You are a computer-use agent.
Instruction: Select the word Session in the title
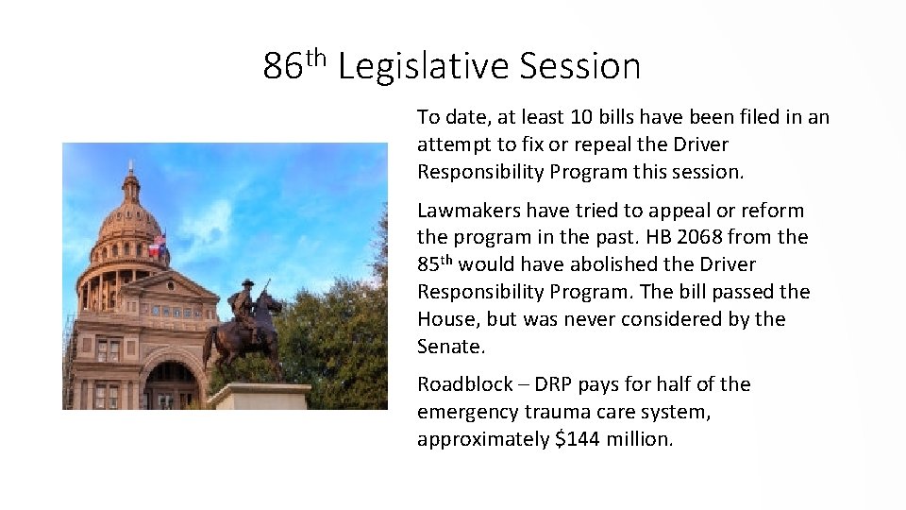[x=579, y=67]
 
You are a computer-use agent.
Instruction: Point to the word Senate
[x=450, y=347]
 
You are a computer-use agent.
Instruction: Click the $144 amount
[x=574, y=439]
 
